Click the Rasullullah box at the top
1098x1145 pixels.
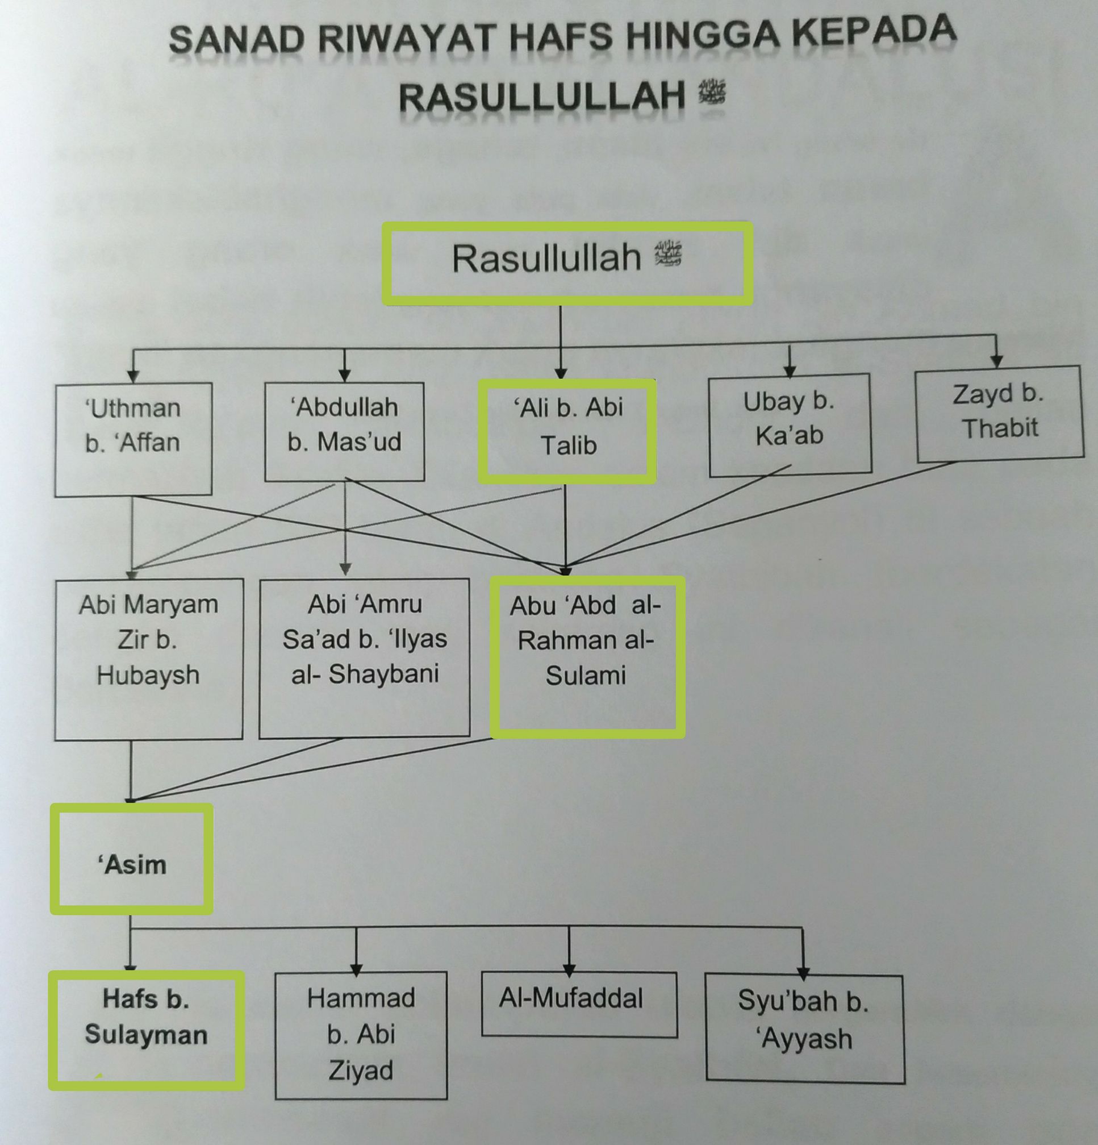point(567,263)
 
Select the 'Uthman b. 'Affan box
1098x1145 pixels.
point(133,440)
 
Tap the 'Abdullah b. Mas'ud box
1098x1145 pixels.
point(345,432)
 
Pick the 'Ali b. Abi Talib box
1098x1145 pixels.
point(567,431)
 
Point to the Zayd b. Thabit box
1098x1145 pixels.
point(999,414)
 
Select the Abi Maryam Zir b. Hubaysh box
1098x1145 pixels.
point(148,660)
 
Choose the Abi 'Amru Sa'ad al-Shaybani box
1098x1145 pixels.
point(365,659)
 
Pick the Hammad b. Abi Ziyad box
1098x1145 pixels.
point(361,1035)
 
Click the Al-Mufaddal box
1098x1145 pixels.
point(579,1004)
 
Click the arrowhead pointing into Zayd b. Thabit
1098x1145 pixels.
point(997,360)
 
